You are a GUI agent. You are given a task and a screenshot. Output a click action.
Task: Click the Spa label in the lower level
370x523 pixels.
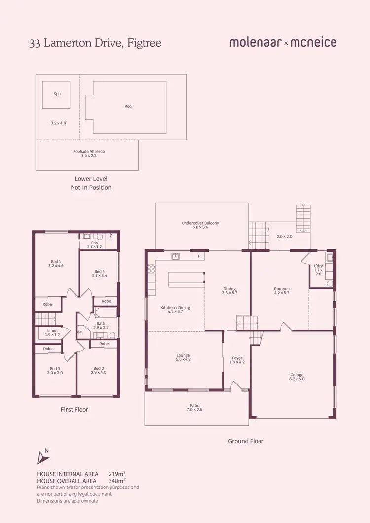[x=57, y=93]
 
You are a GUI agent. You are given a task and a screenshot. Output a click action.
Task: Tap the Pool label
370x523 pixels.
[x=128, y=106]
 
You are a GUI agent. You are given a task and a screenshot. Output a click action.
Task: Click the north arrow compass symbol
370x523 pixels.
[x=43, y=457]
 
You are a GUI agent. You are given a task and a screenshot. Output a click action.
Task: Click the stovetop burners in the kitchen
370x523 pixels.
[x=151, y=269]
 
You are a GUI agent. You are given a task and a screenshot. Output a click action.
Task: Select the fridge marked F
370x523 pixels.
[x=198, y=256]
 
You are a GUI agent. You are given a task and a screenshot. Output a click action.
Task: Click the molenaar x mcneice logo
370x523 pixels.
[x=283, y=43]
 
